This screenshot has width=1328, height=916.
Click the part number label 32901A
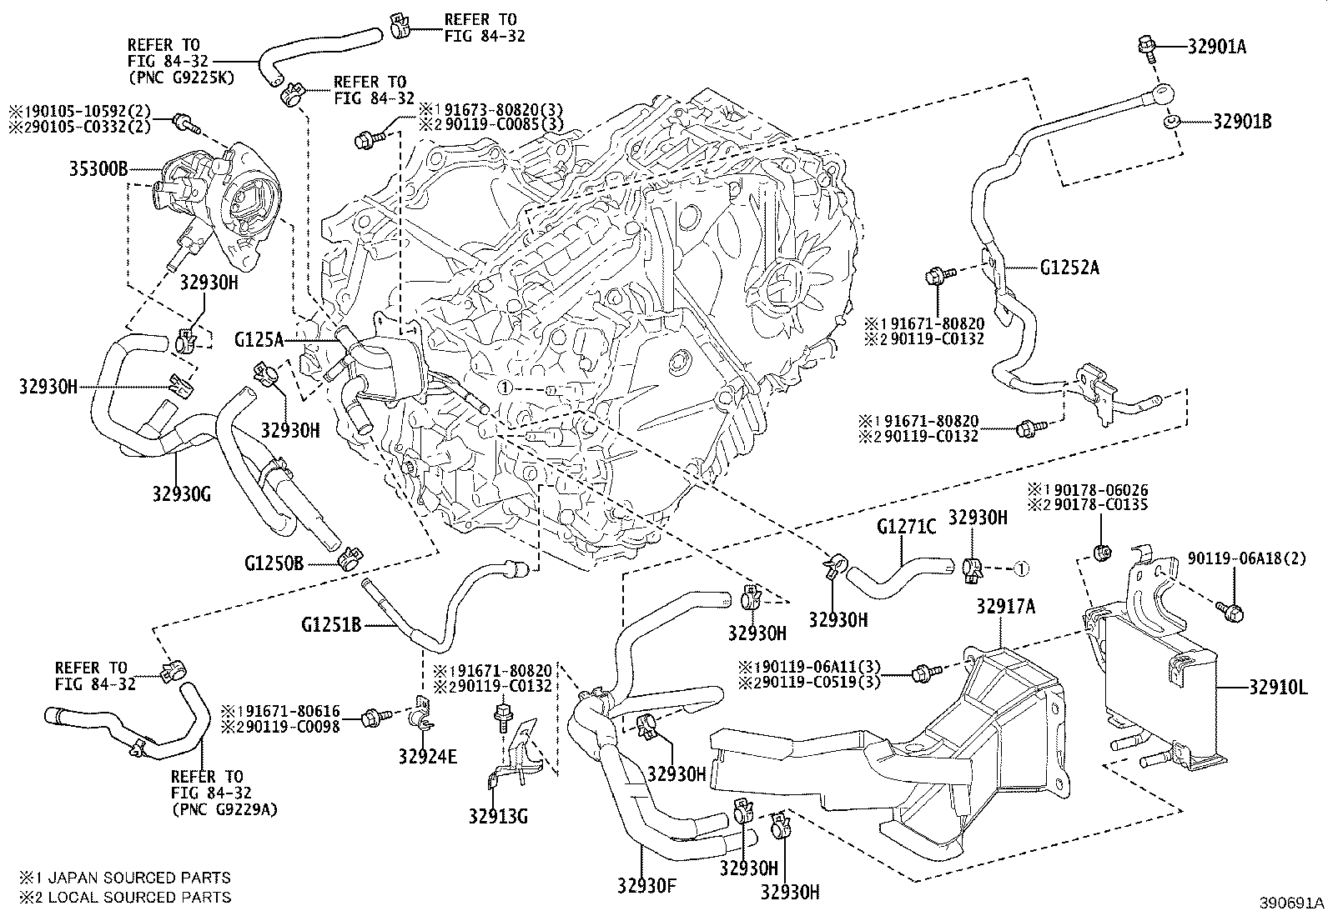tap(1216, 48)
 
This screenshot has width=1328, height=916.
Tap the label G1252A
tap(1070, 268)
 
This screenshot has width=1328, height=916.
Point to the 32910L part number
tap(1280, 688)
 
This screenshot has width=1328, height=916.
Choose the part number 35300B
tap(98, 170)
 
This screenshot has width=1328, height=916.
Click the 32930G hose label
tap(180, 493)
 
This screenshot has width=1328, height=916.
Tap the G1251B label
tap(331, 622)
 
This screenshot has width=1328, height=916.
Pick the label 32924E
tap(428, 756)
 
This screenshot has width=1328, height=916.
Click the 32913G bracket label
tap(498, 815)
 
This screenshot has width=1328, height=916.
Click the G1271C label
tap(906, 527)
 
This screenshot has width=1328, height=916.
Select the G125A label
tap(259, 339)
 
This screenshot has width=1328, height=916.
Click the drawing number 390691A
tap(1290, 903)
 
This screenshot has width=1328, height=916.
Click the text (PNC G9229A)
tap(225, 808)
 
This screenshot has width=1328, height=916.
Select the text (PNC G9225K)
tap(181, 77)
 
